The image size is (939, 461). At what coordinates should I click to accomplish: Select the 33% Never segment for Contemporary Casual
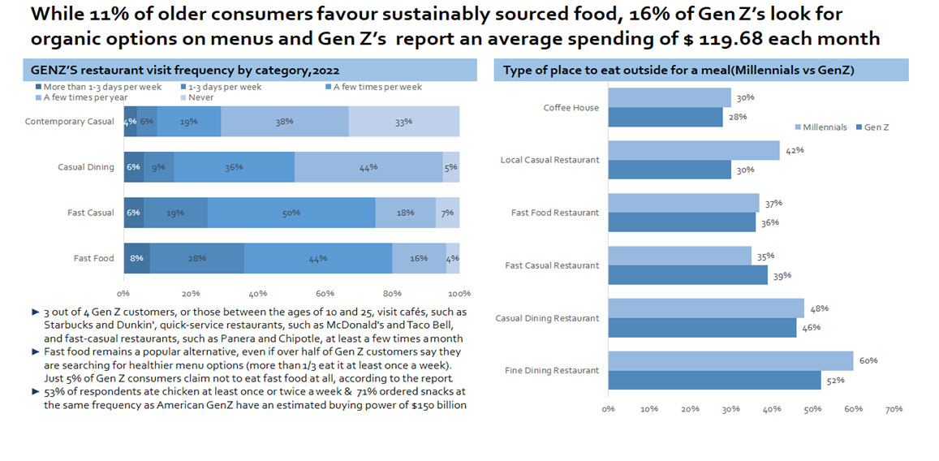(x=404, y=121)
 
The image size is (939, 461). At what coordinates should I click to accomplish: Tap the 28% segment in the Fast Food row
(x=196, y=258)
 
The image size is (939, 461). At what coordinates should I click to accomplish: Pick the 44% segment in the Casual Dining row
(x=368, y=166)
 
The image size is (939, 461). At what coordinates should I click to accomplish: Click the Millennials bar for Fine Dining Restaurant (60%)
(x=730, y=360)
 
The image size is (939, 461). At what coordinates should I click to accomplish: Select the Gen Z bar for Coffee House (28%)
(x=665, y=117)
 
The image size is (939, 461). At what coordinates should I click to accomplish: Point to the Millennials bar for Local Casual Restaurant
(x=693, y=150)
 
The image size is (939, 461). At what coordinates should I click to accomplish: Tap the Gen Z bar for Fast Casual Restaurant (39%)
(x=687, y=275)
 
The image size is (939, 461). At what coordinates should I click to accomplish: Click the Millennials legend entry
(x=823, y=127)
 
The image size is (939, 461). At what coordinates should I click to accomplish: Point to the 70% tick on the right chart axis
(x=894, y=409)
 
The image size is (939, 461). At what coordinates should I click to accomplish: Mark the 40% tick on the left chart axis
(x=258, y=293)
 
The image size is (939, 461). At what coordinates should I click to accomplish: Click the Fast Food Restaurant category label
(x=554, y=213)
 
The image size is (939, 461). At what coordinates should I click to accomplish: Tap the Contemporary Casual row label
(x=70, y=122)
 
